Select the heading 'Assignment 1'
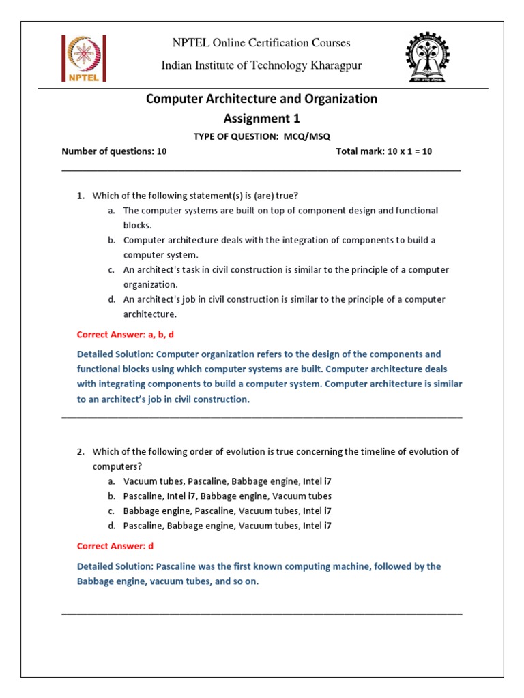(x=262, y=119)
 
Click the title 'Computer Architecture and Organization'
(x=262, y=99)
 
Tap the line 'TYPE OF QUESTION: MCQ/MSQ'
(x=261, y=136)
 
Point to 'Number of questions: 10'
(x=114, y=151)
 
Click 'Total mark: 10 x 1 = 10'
(x=383, y=151)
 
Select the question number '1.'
(x=81, y=196)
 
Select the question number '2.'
(x=81, y=452)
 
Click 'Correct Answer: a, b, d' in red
(x=130, y=335)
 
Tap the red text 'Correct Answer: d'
(x=115, y=546)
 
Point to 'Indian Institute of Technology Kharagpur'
(x=261, y=65)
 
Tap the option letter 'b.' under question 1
(x=111, y=240)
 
